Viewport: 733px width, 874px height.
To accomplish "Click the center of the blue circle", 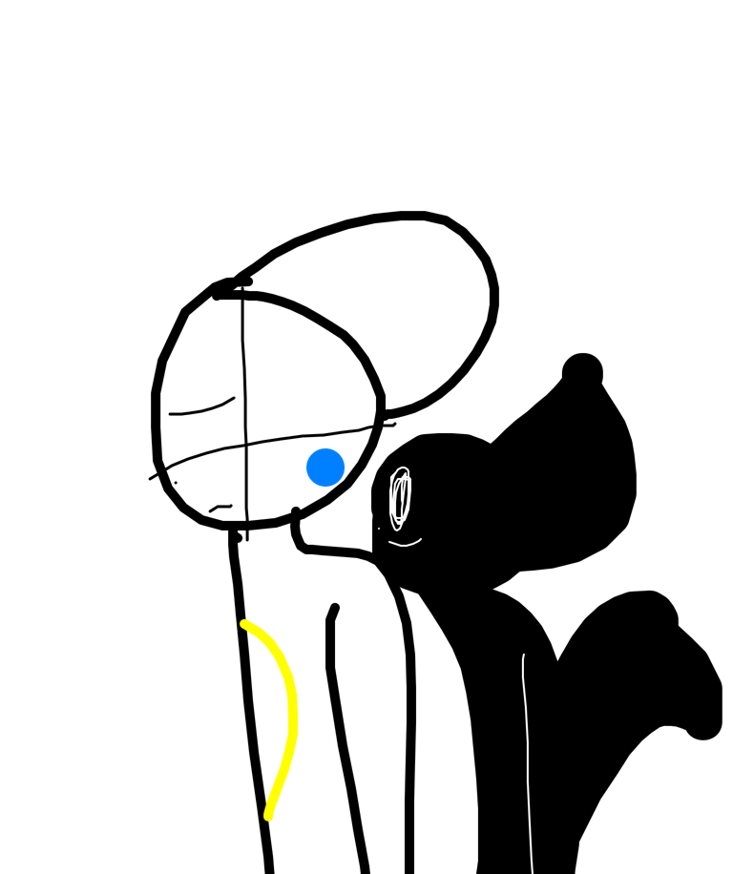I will coord(325,468).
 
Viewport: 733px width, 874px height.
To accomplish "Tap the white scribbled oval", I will coord(400,497).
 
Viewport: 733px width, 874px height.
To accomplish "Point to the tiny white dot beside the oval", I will coord(379,529).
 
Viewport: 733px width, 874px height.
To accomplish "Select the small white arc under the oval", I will coord(405,544).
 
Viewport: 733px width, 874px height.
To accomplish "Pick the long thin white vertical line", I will coord(528,763).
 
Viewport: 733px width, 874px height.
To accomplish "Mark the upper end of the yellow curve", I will coord(245,624).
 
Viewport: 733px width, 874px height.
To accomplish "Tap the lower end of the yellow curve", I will coord(268,817).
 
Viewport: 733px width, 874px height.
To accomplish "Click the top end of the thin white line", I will coord(524,655).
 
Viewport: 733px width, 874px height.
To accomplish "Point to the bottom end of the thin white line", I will coord(533,872).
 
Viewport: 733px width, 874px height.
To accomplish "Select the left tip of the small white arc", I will coord(389,542).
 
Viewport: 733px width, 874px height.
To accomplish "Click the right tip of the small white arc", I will coord(421,539).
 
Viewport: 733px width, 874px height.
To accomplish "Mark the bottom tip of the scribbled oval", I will coord(397,530).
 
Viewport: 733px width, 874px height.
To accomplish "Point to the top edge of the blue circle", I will coord(325,448).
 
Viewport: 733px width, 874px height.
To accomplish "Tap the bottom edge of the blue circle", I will coord(325,487).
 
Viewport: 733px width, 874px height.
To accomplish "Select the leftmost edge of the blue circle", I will coord(306,468).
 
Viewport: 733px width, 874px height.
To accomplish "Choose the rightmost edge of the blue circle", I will coord(345,468).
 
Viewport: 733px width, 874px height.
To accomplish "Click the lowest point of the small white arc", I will coord(406,546).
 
